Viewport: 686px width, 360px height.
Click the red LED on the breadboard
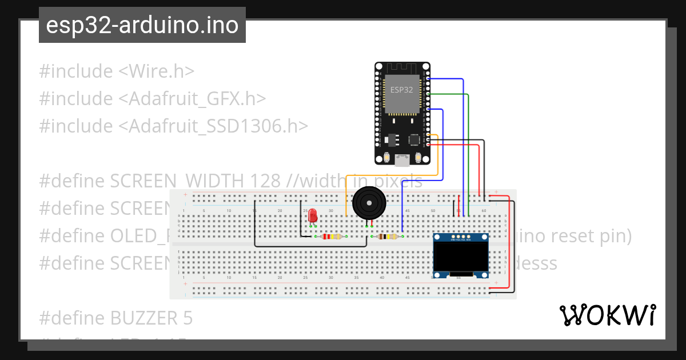point(313,216)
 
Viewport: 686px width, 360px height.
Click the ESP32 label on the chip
point(401,90)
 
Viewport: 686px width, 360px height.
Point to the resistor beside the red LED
point(332,236)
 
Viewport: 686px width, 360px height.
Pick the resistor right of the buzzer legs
point(389,236)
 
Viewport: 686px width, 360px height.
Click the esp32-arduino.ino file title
point(142,25)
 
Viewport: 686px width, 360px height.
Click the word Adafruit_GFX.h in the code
point(192,99)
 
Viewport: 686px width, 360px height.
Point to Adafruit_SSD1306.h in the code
point(213,126)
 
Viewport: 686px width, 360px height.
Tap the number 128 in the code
point(265,181)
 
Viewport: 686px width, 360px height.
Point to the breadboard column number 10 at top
point(229,211)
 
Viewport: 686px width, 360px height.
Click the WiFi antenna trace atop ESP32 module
point(401,69)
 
